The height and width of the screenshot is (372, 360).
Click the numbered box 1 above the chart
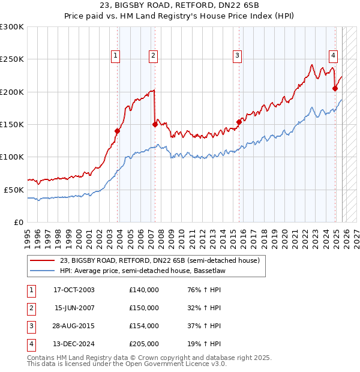[x=115, y=56]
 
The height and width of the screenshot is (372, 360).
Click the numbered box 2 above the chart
[x=153, y=56]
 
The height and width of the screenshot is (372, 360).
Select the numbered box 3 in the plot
[x=238, y=56]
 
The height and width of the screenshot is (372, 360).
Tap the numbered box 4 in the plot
[x=333, y=56]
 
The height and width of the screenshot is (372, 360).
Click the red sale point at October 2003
[x=118, y=131]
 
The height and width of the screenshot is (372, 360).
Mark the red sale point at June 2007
[x=155, y=125]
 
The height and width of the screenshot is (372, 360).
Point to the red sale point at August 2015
[x=239, y=122]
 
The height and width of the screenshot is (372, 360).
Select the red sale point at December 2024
[x=335, y=89]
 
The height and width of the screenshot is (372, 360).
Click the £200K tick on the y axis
[x=12, y=92]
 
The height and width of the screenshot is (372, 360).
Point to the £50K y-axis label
[x=14, y=190]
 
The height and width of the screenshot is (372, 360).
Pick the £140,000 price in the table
[x=144, y=290]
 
